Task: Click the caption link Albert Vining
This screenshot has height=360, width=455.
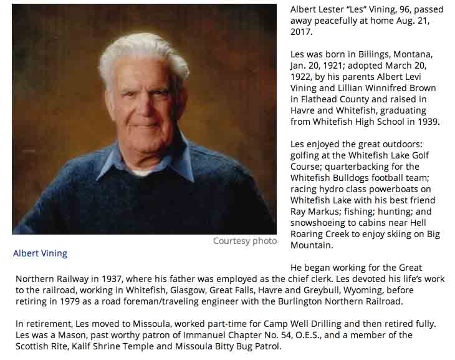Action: click(40, 253)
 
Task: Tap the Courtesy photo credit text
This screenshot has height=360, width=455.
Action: click(244, 241)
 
